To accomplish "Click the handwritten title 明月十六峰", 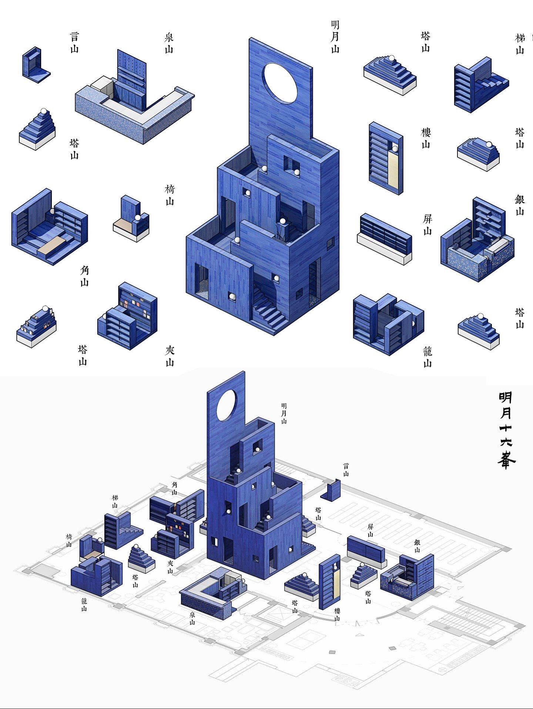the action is click(x=506, y=430).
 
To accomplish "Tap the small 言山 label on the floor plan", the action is click(x=346, y=469).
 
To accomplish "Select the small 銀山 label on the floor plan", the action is click(x=417, y=546).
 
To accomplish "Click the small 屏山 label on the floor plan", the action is click(x=370, y=530).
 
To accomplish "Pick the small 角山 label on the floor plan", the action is click(x=174, y=488).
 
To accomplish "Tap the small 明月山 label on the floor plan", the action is click(x=284, y=414).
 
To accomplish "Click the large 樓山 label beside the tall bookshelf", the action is click(x=426, y=138).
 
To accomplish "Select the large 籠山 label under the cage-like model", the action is click(x=428, y=357).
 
